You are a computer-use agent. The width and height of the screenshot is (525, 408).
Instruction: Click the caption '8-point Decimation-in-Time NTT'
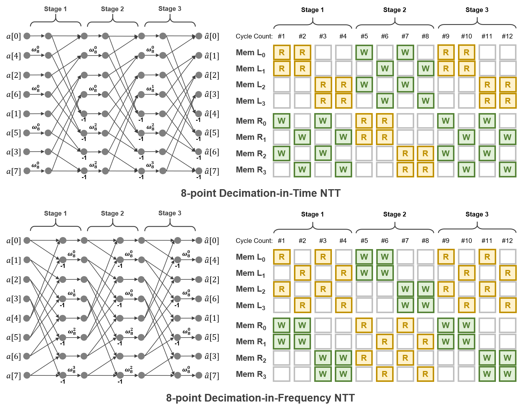[260, 193]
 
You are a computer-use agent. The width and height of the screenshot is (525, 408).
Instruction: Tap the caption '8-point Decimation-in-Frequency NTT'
[260, 398]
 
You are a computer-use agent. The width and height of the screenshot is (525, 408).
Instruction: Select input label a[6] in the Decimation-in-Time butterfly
[14, 95]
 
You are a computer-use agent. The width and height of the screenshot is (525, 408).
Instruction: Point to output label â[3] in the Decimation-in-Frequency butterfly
[212, 357]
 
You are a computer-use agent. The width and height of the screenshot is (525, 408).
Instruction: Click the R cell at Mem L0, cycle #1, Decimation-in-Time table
[282, 53]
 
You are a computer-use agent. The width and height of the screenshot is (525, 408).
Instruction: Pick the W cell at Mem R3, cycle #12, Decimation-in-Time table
[507, 169]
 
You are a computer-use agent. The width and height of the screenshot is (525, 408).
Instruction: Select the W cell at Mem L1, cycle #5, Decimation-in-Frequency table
[364, 273]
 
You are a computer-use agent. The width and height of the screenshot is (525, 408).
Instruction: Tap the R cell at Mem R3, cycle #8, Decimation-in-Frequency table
[425, 374]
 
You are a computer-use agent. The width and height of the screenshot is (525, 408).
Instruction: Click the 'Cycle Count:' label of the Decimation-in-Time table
[254, 36]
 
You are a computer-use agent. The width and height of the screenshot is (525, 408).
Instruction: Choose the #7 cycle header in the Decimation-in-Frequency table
[405, 241]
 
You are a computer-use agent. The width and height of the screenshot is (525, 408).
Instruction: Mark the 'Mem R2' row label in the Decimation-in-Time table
[251, 154]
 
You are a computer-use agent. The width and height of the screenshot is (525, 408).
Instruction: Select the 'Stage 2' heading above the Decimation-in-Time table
[394, 10]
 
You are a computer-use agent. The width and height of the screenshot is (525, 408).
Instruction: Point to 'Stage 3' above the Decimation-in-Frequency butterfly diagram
[170, 213]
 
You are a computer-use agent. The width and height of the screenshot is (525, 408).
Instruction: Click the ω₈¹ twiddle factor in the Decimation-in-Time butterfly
[150, 88]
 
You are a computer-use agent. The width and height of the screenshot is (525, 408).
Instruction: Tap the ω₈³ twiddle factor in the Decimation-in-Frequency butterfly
[72, 369]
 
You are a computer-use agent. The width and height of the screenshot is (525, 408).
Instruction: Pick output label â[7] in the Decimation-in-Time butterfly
[212, 171]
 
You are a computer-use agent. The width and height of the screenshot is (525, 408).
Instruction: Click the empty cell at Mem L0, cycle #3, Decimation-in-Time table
[323, 53]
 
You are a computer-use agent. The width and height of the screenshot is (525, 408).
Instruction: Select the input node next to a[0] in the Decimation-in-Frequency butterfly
[27, 241]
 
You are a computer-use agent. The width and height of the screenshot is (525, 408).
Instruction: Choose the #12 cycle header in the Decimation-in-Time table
[507, 36]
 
